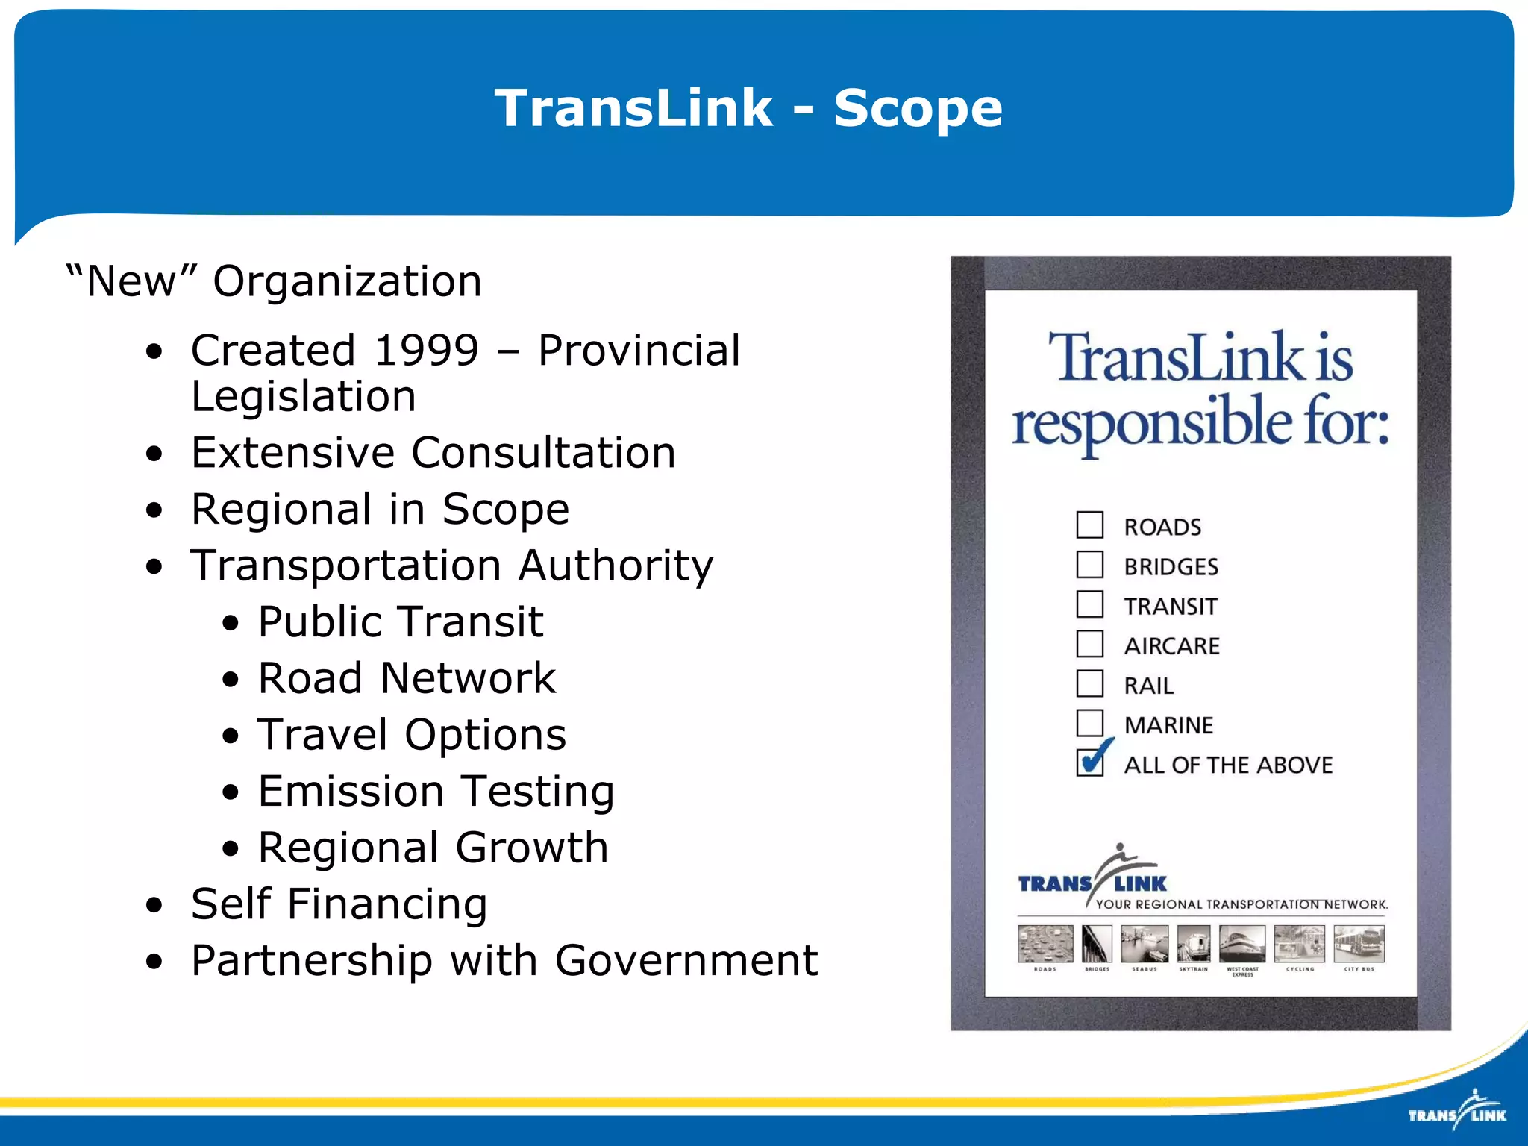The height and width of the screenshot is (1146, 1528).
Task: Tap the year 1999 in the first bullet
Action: pos(426,350)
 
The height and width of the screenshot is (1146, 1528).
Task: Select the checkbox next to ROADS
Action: pos(1089,525)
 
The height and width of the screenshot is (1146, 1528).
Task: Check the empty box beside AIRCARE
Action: pos(1089,643)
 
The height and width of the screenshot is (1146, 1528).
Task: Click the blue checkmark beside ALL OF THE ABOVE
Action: pos(1095,759)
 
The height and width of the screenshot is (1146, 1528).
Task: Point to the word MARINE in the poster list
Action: pos(1168,725)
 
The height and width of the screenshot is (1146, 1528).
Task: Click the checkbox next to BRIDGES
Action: pos(1089,564)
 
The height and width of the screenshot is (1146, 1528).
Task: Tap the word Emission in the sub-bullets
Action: pos(351,791)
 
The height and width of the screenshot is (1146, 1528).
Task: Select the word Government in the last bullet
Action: pos(686,960)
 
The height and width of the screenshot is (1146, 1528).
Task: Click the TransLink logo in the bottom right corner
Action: pos(1456,1111)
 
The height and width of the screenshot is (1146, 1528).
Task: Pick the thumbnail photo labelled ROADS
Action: pos(1045,944)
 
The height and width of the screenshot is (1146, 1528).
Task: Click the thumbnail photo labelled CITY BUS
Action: pos(1359,944)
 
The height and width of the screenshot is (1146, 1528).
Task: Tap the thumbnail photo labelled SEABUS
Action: pos(1144,944)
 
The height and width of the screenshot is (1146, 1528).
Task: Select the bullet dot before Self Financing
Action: pos(154,906)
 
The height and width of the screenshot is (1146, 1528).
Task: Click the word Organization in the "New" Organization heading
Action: pos(347,281)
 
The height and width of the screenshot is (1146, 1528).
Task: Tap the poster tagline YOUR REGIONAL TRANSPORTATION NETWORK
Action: pos(1241,904)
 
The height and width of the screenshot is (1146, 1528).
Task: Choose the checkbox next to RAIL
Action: pos(1089,683)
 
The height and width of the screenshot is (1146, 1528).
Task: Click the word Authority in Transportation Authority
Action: pos(616,565)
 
